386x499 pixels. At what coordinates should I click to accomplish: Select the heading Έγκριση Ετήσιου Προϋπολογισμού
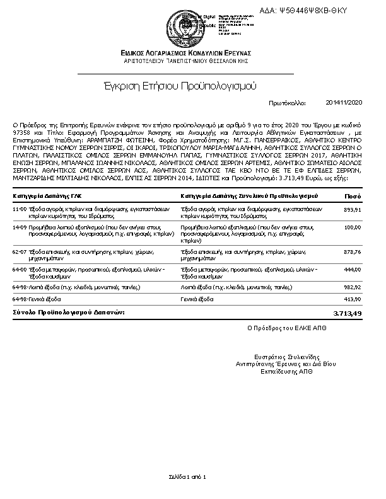(183, 84)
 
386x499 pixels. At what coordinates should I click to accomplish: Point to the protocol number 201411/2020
(344, 102)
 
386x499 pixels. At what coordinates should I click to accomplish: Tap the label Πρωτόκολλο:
(287, 102)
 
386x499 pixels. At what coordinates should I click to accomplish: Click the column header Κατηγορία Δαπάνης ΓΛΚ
(50, 197)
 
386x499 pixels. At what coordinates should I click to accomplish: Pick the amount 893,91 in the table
(352, 209)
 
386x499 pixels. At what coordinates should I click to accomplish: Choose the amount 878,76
(352, 251)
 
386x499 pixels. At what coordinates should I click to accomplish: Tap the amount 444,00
(352, 269)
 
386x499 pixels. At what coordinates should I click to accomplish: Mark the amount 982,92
(352, 287)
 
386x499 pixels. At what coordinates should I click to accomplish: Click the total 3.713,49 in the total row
(347, 313)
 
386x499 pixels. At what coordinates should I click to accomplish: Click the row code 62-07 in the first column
(20, 251)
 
